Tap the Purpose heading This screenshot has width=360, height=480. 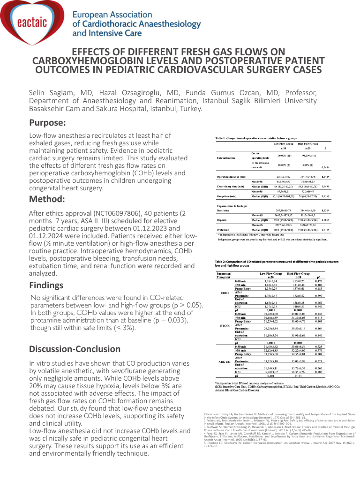pyautogui.click(x=47, y=123)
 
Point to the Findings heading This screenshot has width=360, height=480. pyautogui.click(x=46, y=285)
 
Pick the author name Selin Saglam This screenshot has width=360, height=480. pyautogui.click(x=52, y=92)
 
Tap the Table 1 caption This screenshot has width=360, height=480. pyautogui.click(x=256, y=139)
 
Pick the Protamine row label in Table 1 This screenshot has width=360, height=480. pyautogui.click(x=225, y=230)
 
